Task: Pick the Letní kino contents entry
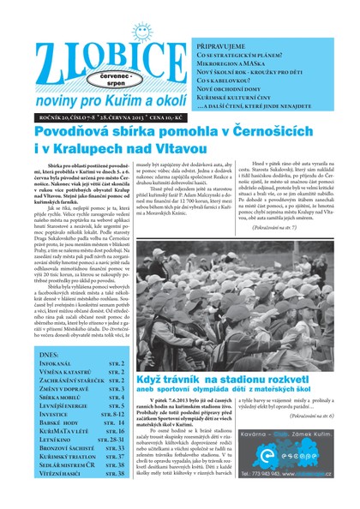[54, 437]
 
